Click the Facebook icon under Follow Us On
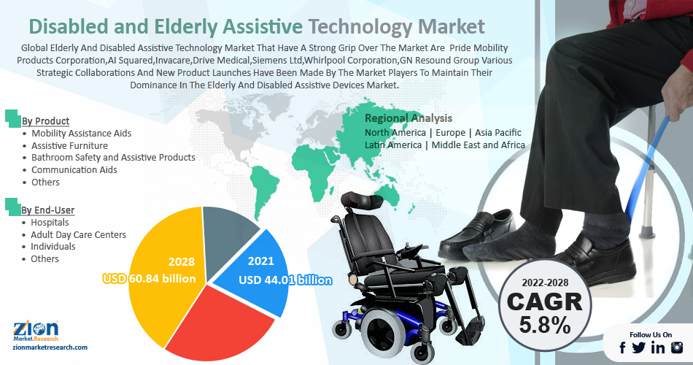pyautogui.click(x=622, y=347)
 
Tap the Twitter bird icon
pyautogui.click(x=638, y=347)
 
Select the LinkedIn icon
pyautogui.click(x=658, y=347)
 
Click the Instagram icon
pyautogui.click(x=677, y=347)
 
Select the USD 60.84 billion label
pyautogui.click(x=150, y=279)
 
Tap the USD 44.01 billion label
pyautogui.click(x=285, y=280)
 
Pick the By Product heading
pyautogui.click(x=45, y=120)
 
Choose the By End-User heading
pyautogui.click(x=47, y=210)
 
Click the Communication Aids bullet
pyautogui.click(x=74, y=170)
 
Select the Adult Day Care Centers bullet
pyautogui.click(x=78, y=235)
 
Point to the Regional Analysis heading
pyautogui.click(x=409, y=118)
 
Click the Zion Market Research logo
pyautogui.click(x=36, y=331)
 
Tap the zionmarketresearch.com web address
pyautogui.click(x=50, y=347)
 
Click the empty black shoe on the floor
pyautogui.click(x=477, y=234)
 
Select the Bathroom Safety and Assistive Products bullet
pyautogui.click(x=113, y=158)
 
